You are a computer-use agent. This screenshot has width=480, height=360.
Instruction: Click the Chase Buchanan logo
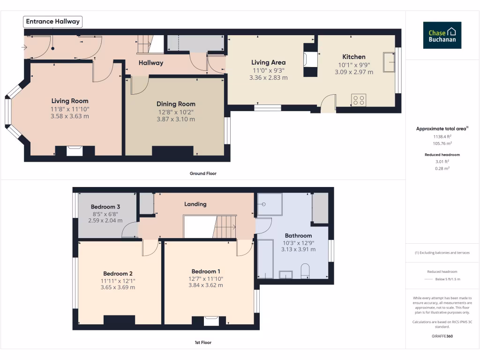(x=442, y=35)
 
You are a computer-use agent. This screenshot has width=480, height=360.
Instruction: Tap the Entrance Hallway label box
(x=53, y=22)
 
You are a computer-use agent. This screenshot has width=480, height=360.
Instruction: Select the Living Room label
(x=69, y=101)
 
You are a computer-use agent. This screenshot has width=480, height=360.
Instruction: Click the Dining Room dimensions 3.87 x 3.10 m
(x=176, y=120)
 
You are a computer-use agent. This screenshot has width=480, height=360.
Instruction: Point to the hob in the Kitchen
(x=359, y=100)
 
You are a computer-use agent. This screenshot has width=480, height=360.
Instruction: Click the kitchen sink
(x=389, y=62)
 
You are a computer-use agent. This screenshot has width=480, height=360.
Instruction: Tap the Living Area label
(x=268, y=62)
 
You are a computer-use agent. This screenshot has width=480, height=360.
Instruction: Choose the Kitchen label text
(x=353, y=57)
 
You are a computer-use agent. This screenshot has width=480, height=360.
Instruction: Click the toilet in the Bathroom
(x=304, y=270)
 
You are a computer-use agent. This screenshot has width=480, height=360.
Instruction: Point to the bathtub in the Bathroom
(x=265, y=258)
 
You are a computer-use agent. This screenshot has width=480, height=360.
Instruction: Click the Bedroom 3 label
(x=105, y=207)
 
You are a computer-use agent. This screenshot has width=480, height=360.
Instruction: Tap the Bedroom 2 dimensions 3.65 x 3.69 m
(x=118, y=287)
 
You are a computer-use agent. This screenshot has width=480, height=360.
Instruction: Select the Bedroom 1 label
(x=205, y=271)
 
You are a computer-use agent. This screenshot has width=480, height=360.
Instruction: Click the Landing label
(x=195, y=204)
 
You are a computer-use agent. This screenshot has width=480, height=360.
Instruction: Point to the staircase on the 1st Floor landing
(x=225, y=227)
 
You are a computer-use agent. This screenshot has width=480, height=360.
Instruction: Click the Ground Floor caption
(x=203, y=173)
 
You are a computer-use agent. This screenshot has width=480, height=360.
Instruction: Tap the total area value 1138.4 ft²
(x=442, y=136)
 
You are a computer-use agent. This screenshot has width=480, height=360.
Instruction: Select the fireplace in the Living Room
(x=75, y=151)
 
